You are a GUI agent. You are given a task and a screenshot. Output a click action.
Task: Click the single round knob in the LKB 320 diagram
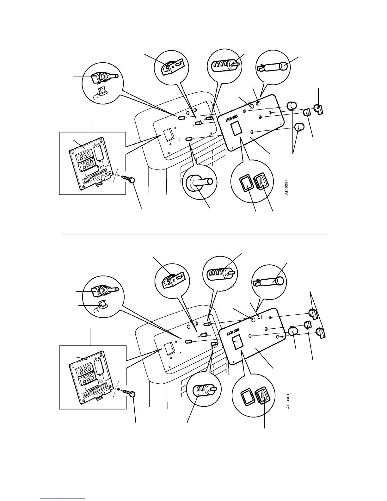coord(293,332)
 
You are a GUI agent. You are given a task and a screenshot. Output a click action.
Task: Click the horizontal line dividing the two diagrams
coord(193,234)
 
